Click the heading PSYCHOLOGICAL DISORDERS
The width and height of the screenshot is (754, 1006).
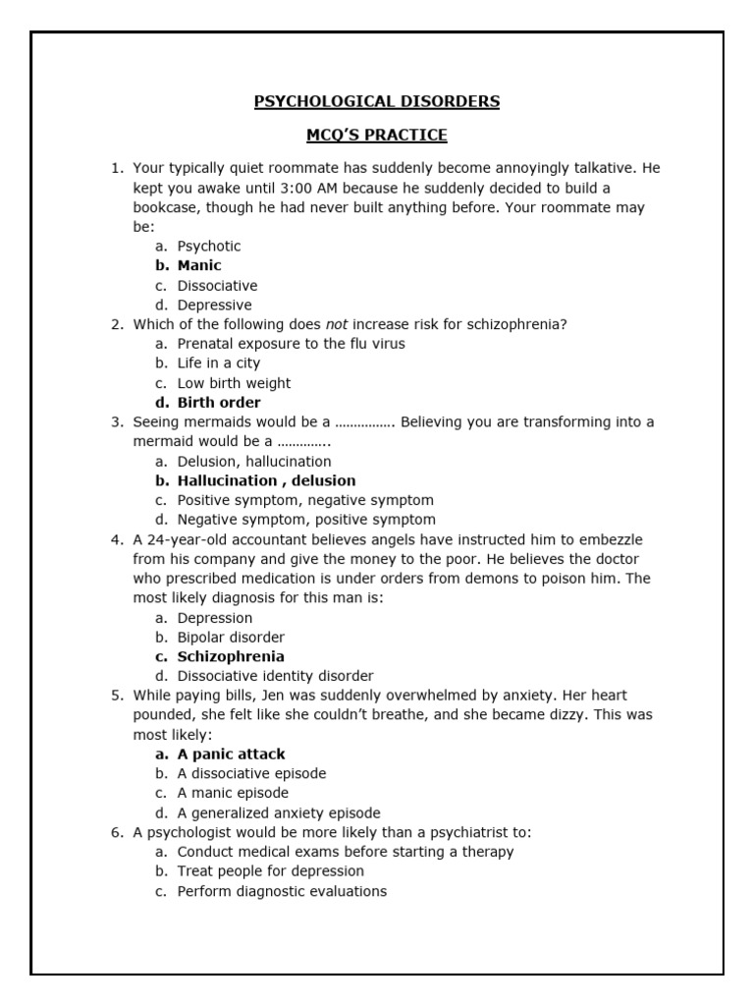click(377, 101)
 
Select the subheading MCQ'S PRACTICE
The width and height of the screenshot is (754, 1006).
click(377, 135)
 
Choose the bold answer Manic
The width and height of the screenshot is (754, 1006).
click(199, 265)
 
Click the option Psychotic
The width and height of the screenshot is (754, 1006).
click(208, 246)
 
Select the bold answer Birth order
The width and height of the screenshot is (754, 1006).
click(219, 402)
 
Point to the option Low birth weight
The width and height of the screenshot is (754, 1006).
click(234, 383)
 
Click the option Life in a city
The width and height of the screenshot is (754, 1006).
click(219, 363)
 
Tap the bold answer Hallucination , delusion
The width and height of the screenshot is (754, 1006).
click(266, 480)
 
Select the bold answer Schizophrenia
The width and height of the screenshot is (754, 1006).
click(231, 656)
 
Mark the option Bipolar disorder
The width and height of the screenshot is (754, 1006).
click(231, 637)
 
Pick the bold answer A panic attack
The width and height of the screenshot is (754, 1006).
click(231, 754)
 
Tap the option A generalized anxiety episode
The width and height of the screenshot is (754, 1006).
click(279, 812)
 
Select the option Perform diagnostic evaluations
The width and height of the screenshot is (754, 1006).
click(282, 891)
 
